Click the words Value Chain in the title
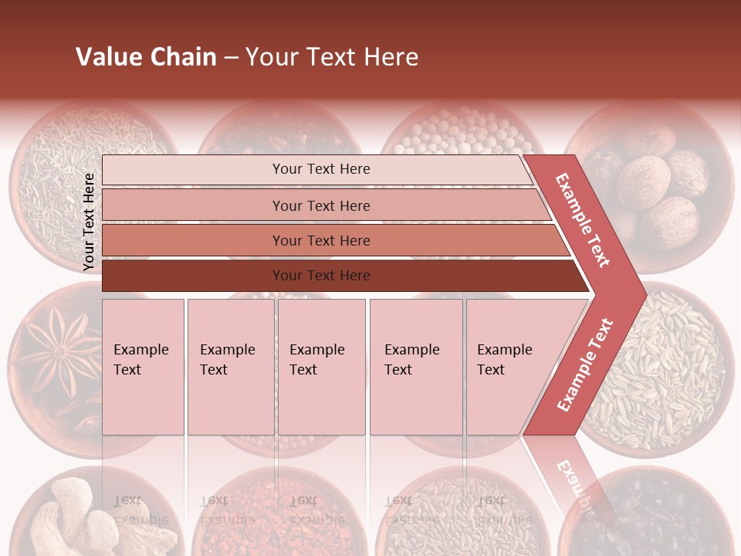[146, 57]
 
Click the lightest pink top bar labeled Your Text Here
[320, 169]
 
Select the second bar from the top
[320, 205]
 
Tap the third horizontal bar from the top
[320, 240]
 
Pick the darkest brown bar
[320, 276]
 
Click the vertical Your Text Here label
[89, 222]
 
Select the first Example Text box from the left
[143, 367]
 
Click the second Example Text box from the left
[230, 367]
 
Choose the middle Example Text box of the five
[321, 367]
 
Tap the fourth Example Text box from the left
[415, 367]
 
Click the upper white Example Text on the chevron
[583, 220]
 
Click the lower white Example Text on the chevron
[584, 364]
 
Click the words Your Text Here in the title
[332, 57]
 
